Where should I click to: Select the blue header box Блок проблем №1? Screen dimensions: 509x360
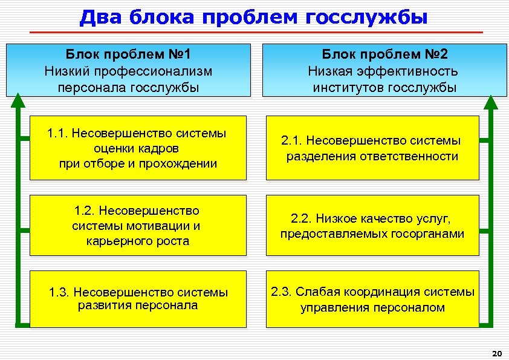pos(128,70)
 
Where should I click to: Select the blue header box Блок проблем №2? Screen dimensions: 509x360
pos(384,70)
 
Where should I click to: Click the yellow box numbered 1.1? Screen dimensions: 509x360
pos(138,148)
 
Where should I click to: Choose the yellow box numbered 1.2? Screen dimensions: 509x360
pos(138,226)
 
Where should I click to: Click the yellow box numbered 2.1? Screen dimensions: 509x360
pos(372,148)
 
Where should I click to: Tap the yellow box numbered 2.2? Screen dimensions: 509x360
pos(372,226)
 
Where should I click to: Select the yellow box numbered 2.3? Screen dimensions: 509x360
pos(372,299)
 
